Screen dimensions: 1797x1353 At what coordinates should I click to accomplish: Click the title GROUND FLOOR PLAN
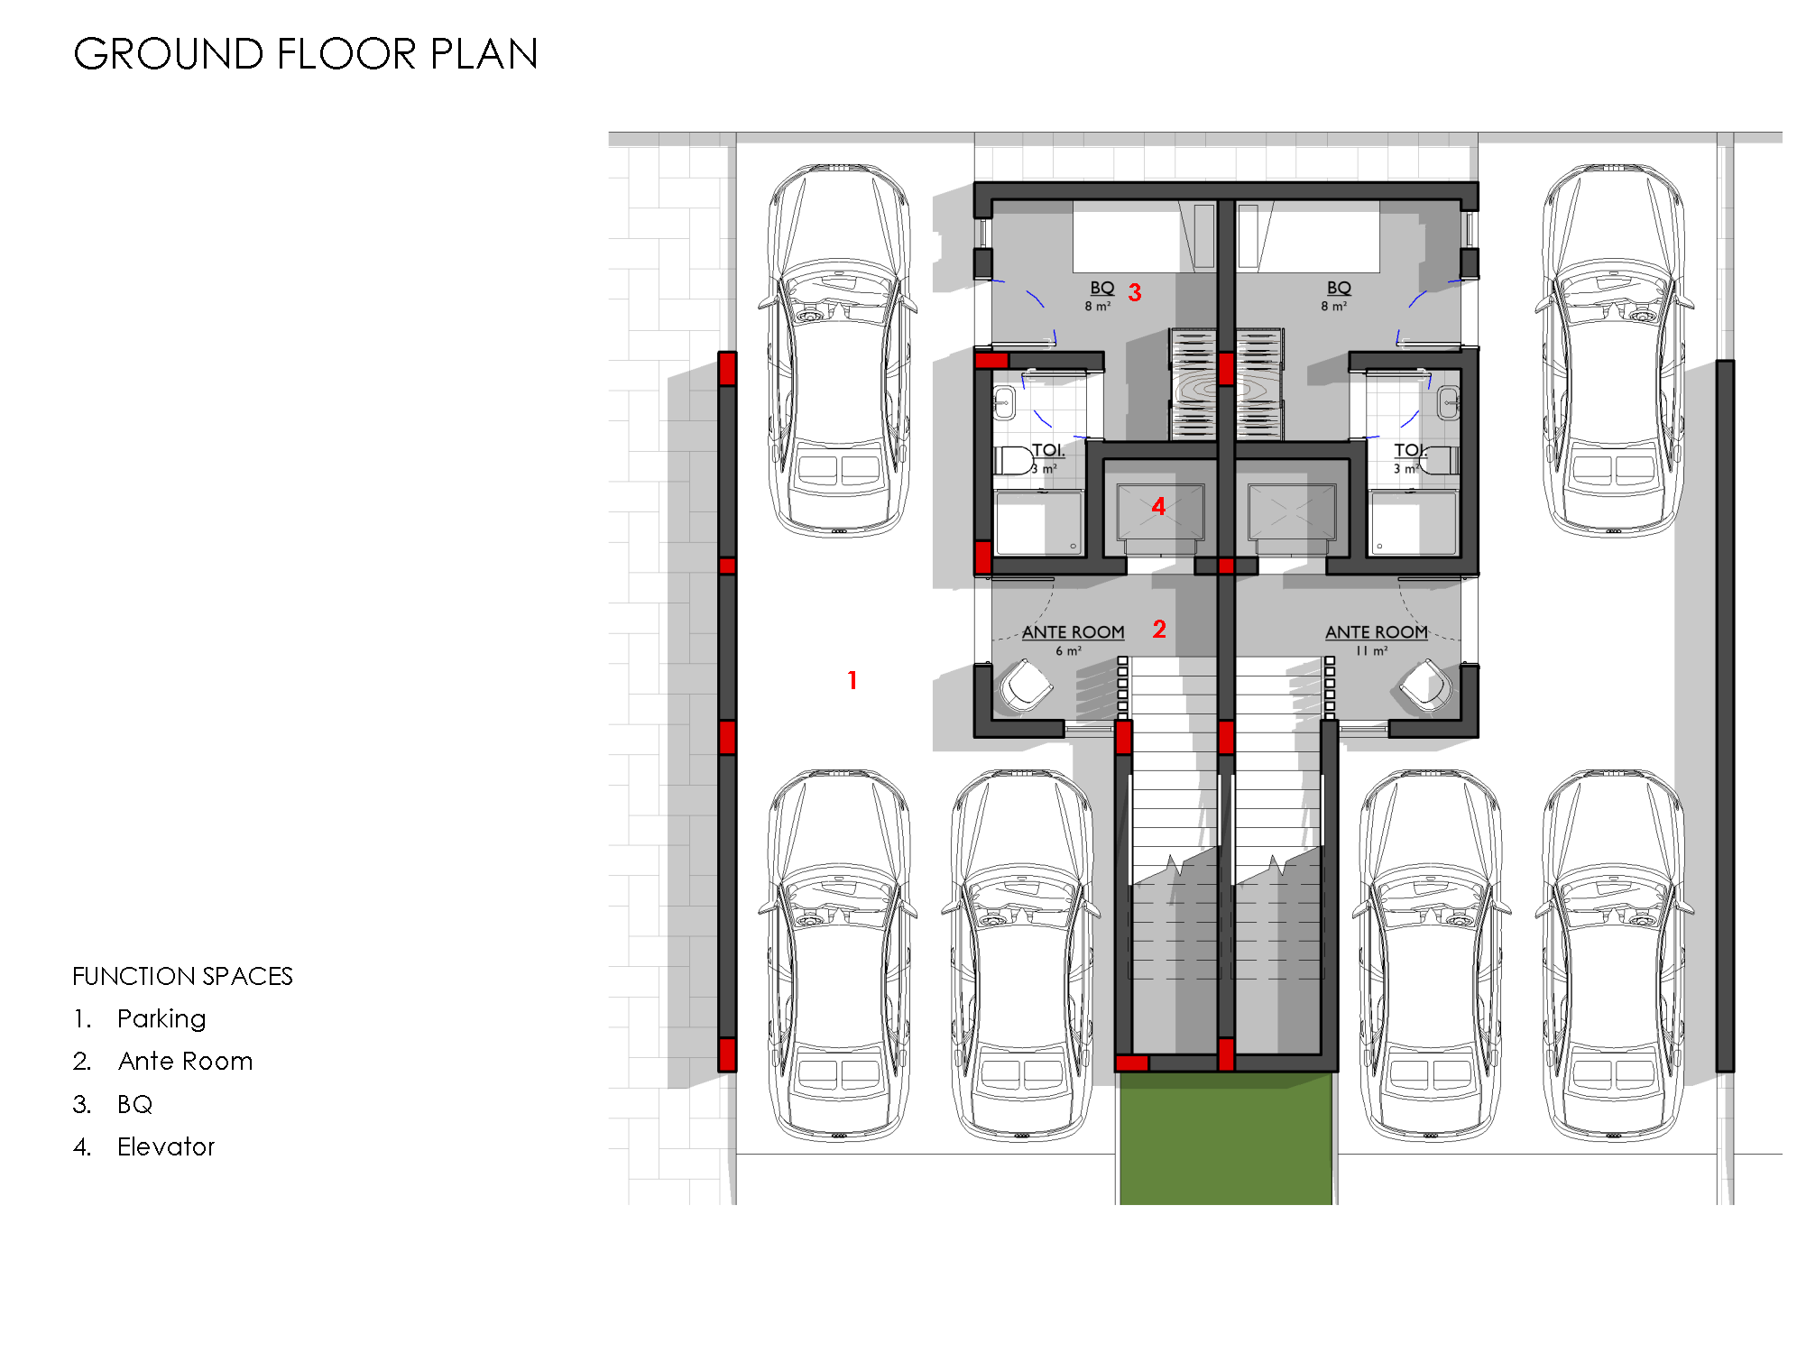306,54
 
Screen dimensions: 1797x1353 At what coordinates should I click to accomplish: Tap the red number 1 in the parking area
852,680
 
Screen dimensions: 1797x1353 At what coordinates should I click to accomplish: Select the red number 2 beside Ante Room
1159,629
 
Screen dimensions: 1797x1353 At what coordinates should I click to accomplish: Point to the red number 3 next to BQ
1135,292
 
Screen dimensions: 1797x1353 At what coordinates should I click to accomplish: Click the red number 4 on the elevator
1158,506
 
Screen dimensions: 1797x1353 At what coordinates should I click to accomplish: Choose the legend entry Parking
161,1019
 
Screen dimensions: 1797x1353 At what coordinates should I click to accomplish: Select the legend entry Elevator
166,1146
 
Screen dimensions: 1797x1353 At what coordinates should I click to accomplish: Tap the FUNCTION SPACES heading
182,976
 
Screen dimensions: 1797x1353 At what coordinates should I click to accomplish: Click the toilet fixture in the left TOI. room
1015,460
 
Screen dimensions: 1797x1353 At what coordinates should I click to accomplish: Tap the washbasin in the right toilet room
1448,402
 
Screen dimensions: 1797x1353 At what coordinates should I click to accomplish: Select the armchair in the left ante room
1026,686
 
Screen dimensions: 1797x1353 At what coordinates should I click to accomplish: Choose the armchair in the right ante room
1426,686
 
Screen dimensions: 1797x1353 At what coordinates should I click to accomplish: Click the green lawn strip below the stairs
1226,1138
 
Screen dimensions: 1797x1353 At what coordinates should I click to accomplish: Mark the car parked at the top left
838,350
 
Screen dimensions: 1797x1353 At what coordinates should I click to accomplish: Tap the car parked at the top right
1613,350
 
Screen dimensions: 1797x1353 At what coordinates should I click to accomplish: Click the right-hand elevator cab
1292,513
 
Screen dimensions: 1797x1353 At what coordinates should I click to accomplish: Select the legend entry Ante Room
185,1061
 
